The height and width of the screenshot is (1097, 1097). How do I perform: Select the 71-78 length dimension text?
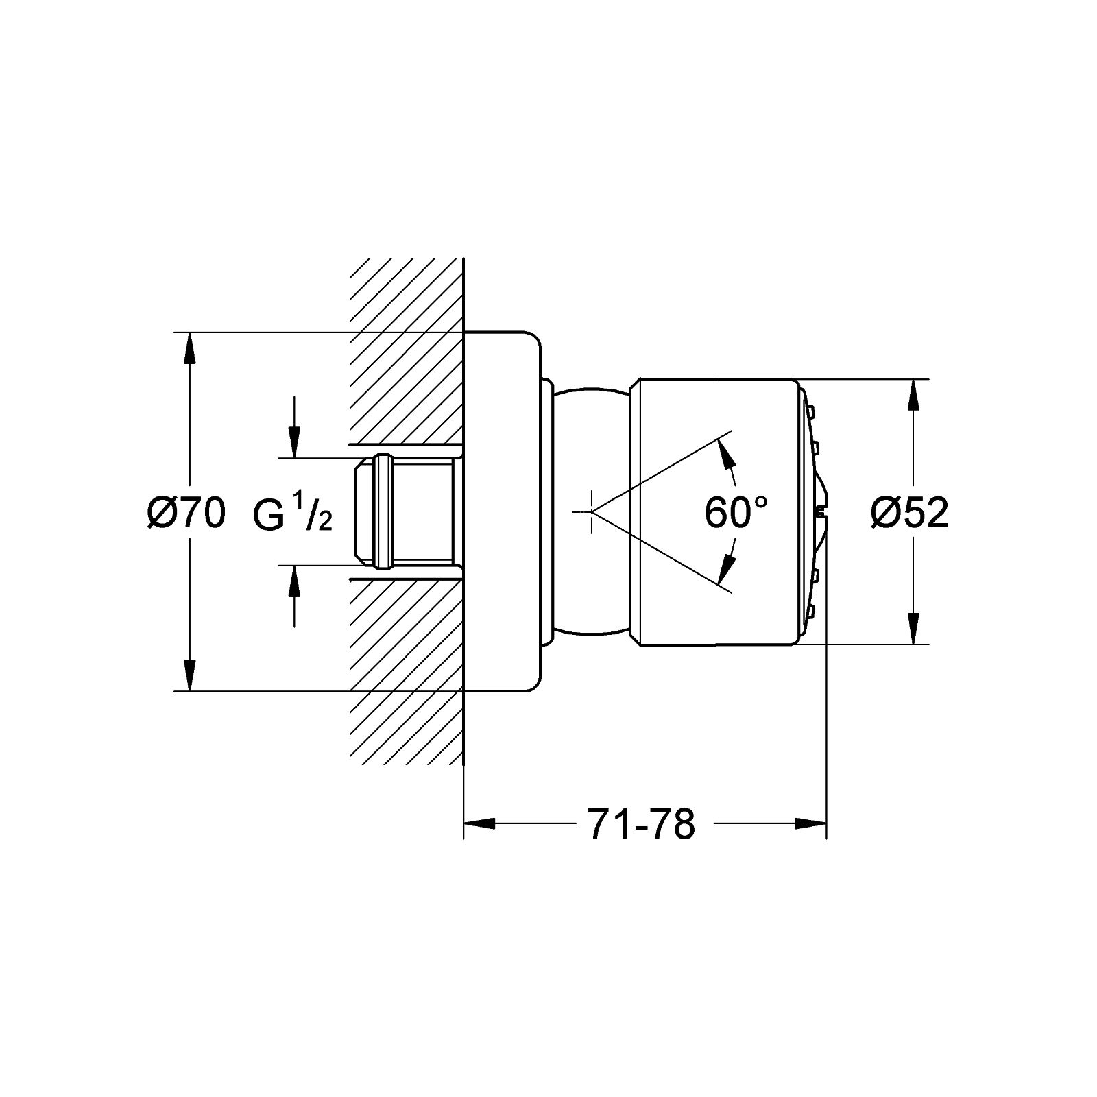pos(641,824)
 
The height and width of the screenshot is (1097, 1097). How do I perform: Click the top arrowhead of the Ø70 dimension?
pos(190,350)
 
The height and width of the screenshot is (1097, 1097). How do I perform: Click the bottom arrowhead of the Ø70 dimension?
pos(190,675)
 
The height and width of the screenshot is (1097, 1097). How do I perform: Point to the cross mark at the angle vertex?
pos(591,511)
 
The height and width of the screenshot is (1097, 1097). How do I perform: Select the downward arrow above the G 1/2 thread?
pos(294,426)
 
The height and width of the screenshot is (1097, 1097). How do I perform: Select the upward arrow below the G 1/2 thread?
pos(294,596)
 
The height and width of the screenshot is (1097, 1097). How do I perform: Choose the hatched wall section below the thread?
pos(407,672)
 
